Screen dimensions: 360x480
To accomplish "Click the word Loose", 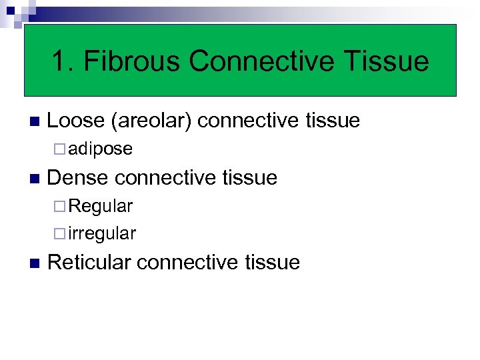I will pos(77,121).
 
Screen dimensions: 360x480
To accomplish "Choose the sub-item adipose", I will pos(100,149).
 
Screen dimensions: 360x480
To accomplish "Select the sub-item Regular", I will pos(100,206).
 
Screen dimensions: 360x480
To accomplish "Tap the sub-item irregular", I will pos(102,234).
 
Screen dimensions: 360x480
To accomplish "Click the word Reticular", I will pos(90,262).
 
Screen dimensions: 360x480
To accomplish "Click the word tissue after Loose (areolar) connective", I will pos(333,121).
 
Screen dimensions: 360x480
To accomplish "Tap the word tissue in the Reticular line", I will pos(273,262).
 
